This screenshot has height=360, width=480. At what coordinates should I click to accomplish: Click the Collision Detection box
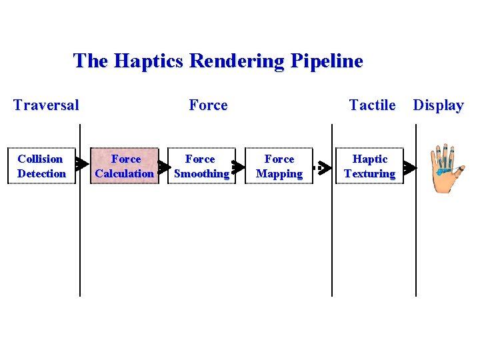coord(41,166)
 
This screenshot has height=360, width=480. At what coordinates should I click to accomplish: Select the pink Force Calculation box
coord(124,166)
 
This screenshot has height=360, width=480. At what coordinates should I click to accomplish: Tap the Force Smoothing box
coord(201,166)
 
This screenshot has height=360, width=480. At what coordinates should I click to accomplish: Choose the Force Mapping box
coord(279,166)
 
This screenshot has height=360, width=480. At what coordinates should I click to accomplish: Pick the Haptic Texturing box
coord(369,166)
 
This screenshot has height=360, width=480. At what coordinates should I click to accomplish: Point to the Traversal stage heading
coord(46,105)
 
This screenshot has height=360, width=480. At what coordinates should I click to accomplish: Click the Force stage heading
coord(208,105)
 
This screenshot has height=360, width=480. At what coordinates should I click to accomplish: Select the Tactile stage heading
coord(372,105)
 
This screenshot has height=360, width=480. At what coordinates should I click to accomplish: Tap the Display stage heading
coord(438,105)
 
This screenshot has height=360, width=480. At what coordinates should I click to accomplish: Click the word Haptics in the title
coord(149,61)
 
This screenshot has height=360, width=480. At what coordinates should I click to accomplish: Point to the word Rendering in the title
coord(239,61)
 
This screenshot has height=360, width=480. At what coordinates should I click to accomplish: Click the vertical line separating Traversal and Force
coord(80,240)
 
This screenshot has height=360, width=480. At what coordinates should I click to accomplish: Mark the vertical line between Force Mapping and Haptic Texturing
coord(332,240)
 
